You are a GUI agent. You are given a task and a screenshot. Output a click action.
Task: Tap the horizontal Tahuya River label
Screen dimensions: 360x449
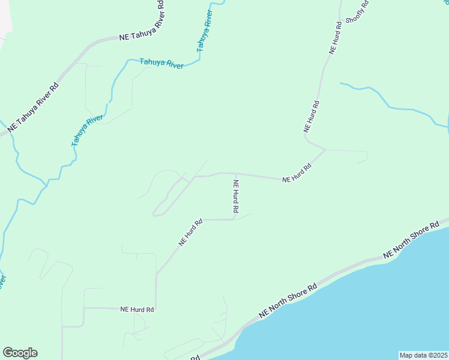point(161,64)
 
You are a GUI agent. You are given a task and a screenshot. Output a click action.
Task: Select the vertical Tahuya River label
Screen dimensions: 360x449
point(205,31)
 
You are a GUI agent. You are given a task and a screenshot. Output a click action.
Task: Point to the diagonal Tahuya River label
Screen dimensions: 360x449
point(88,131)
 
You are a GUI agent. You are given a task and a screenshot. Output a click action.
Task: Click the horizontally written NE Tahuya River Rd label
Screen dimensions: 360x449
point(142,35)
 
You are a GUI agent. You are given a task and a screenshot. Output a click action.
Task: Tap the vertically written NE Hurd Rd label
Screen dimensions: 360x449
point(236,197)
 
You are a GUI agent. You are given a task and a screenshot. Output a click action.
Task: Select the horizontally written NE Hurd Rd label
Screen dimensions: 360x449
point(137,310)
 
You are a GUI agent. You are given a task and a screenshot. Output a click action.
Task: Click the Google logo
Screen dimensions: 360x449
point(20,353)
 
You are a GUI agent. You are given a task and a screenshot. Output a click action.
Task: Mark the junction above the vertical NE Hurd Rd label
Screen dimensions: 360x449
point(235,174)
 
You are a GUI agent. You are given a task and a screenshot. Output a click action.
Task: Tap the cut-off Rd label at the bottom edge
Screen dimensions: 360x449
point(195,358)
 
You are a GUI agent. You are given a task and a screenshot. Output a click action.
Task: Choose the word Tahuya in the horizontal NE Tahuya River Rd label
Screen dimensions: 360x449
point(143,35)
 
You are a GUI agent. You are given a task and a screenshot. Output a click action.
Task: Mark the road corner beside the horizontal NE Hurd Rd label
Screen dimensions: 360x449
point(155,308)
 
